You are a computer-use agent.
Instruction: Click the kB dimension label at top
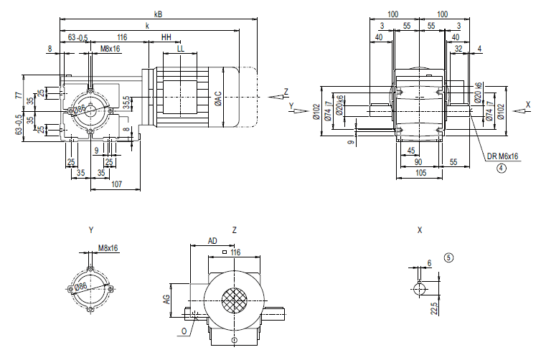pos(158,13)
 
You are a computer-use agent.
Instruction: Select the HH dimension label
pos(166,37)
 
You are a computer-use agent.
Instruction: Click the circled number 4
pos(502,169)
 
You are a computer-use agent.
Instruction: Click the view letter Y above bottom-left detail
pos(91,230)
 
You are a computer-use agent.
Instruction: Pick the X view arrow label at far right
pos(528,104)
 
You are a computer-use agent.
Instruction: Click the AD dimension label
pos(212,241)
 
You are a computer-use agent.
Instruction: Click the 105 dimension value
pos(418,173)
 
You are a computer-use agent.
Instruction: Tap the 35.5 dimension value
pos(126,103)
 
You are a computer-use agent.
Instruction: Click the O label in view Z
pos(184,332)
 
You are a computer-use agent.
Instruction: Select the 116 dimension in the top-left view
pos(121,37)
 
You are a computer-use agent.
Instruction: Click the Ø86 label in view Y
pos(81,288)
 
